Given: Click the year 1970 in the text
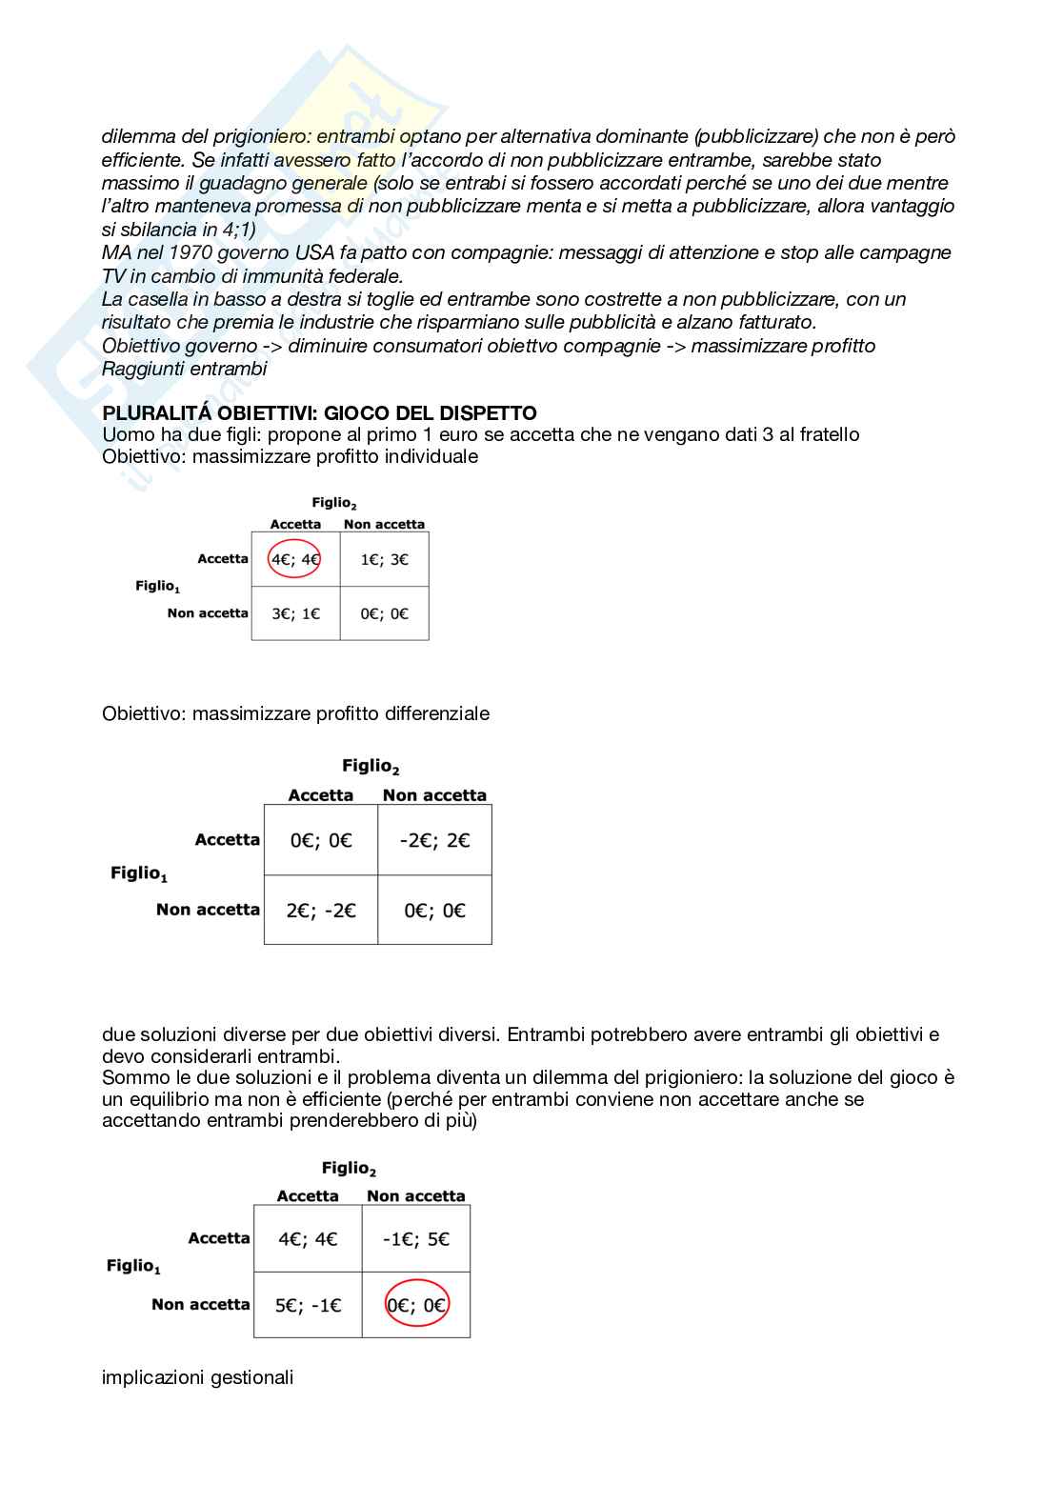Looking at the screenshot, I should point(191,252).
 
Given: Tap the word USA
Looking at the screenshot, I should point(312,252).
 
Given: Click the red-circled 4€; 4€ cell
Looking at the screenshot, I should point(295,559).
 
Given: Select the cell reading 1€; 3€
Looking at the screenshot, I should point(384,559).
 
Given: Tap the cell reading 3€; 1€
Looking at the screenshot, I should point(295,613).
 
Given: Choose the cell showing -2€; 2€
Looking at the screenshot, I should point(434,840).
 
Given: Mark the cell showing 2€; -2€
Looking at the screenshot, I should point(321,911).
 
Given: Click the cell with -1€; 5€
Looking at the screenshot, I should point(416,1239).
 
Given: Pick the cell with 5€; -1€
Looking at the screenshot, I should point(308,1305).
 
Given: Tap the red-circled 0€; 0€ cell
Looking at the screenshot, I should point(416,1305).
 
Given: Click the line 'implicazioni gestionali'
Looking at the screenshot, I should point(197,1377).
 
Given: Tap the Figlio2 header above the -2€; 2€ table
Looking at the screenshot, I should point(371,766).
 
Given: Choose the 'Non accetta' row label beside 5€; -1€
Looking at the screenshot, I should point(200,1305).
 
